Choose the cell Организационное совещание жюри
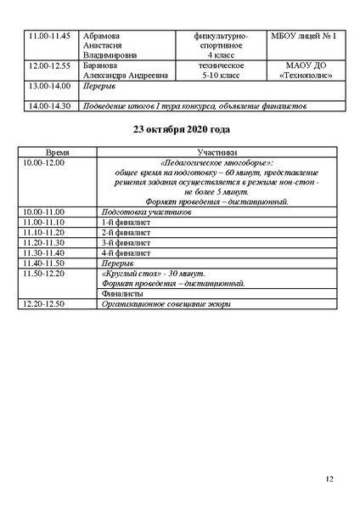pyautogui.click(x=165, y=303)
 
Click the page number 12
pyautogui.click(x=329, y=479)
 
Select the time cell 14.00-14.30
pyautogui.click(x=48, y=106)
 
